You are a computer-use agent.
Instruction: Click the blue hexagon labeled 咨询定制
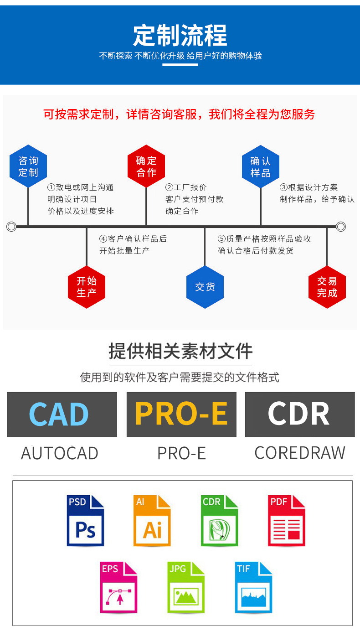(28, 166)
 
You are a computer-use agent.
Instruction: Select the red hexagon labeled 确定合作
(146, 166)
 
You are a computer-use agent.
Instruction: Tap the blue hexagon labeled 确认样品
(261, 167)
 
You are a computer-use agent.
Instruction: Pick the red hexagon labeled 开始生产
(87, 287)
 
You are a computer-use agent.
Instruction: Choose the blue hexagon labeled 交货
(205, 287)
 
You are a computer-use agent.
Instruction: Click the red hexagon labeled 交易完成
(327, 287)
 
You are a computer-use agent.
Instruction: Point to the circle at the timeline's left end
(11, 227)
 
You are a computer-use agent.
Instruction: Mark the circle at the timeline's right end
(341, 227)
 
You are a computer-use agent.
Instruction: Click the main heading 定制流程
(180, 36)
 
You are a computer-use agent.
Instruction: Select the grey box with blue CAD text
(62, 414)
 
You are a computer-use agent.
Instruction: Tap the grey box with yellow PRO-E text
(181, 414)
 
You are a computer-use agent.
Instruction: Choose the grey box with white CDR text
(300, 414)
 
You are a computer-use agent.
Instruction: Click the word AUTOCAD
(60, 453)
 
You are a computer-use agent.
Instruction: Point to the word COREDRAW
(300, 453)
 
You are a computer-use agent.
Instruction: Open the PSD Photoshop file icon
(85, 520)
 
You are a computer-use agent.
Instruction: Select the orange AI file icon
(152, 520)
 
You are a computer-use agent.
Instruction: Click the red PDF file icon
(286, 520)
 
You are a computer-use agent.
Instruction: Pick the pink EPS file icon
(118, 587)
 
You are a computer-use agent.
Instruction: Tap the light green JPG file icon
(186, 587)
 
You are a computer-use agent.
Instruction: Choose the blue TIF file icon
(253, 587)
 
